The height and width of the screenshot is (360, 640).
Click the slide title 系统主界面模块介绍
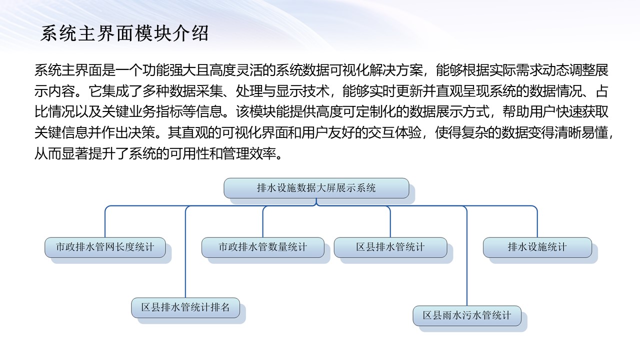pos(124,33)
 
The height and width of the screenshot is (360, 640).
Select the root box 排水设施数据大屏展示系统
pos(316,188)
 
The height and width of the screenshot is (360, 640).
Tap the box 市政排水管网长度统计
pos(105,247)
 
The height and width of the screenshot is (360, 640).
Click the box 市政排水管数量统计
pos(263,247)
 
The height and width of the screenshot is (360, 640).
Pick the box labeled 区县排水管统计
pos(390,247)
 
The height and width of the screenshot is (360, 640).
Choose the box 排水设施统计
pos(537,247)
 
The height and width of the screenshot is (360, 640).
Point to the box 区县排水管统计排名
pos(185,307)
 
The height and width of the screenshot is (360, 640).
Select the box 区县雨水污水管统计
pos(467,315)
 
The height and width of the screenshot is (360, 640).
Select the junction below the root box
pos(316,203)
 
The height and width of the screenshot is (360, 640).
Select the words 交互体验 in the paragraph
pos(395,133)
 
